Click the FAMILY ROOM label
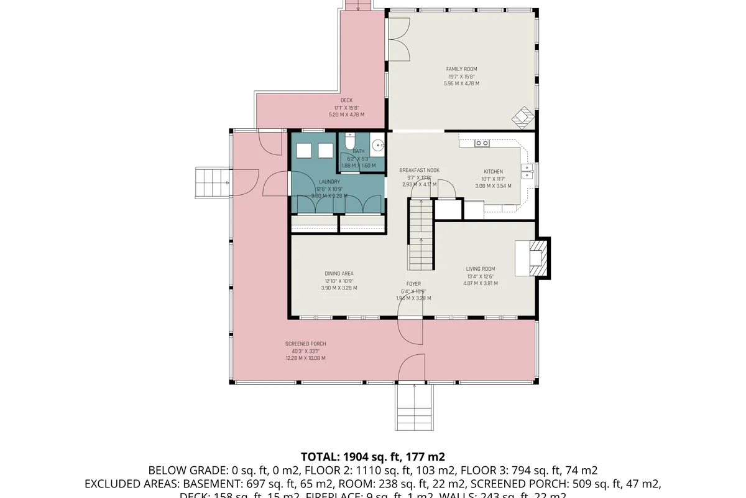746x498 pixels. click(461, 69)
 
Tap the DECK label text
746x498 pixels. click(346, 100)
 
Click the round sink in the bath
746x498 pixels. click(378, 147)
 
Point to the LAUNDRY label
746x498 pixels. click(329, 182)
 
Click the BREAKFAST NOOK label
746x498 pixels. click(420, 170)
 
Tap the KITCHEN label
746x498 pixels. click(493, 172)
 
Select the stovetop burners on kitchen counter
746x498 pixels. click(482, 143)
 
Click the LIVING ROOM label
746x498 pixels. click(480, 269)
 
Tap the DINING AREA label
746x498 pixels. click(339, 273)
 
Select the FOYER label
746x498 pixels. click(414, 284)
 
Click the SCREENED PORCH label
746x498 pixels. click(305, 344)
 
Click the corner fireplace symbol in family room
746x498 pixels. click(520, 116)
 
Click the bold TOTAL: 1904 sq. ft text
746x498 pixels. click(372, 456)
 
